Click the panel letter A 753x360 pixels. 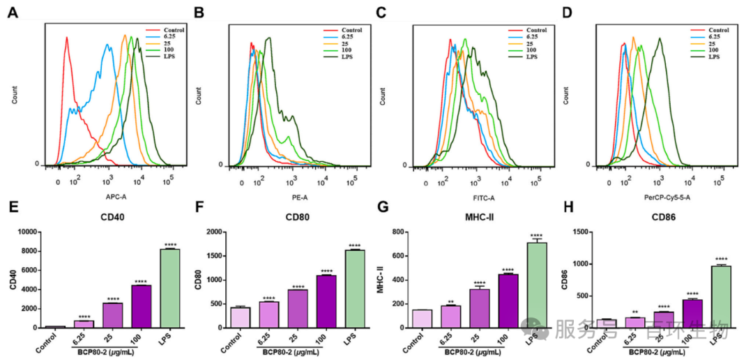coord(11,13)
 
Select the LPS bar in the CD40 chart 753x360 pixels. coord(169,288)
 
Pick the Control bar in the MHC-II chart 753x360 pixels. coord(422,319)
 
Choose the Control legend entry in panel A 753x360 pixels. coord(174,30)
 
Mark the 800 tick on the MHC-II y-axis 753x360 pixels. coord(400,232)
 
